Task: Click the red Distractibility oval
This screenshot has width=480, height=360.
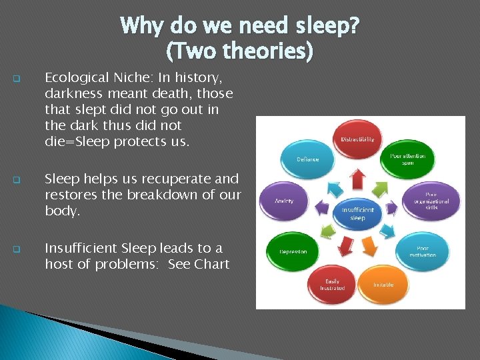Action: tap(358, 139)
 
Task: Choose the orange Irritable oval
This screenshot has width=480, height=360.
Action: tap(384, 284)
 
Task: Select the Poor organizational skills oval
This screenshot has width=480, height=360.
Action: tap(431, 201)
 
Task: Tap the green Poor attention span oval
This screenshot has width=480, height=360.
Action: tap(407, 160)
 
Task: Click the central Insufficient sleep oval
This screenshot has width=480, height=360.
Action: tap(357, 214)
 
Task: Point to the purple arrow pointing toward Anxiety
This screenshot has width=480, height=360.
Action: tap(321, 208)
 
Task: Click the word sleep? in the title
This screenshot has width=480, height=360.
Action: tap(325, 26)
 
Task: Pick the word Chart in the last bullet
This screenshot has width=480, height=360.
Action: tap(212, 264)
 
